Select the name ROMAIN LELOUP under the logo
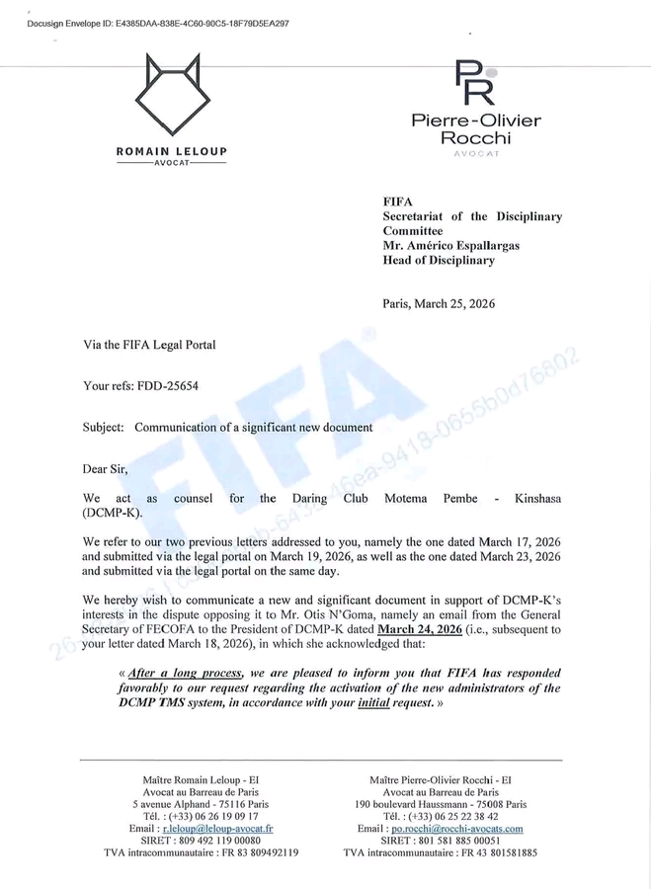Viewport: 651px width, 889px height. (x=172, y=151)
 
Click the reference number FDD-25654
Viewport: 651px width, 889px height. (x=168, y=385)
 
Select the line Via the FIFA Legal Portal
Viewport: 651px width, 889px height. (x=149, y=344)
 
